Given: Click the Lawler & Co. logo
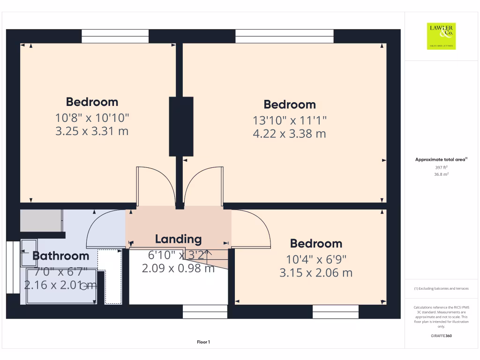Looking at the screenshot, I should point(441,36).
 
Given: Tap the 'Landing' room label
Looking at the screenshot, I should point(178,239).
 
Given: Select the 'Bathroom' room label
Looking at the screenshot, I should point(60,256).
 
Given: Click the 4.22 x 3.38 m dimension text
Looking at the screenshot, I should point(289,134).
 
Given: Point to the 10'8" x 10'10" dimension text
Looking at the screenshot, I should point(92,117).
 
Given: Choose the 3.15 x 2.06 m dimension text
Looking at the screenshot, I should point(316,272).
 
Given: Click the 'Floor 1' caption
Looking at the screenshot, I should point(203,343).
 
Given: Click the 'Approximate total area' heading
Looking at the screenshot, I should point(441,160).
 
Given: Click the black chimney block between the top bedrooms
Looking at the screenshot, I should point(181,127).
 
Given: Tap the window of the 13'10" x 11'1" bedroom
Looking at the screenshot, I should point(284,36).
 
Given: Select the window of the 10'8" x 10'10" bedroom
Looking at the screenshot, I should point(115,36).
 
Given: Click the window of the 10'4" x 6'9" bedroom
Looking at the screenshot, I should point(335,312).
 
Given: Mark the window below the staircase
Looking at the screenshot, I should point(205,312).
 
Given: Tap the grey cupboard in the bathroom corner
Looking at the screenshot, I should point(41,220).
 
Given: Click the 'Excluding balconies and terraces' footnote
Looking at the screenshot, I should point(441,289).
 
